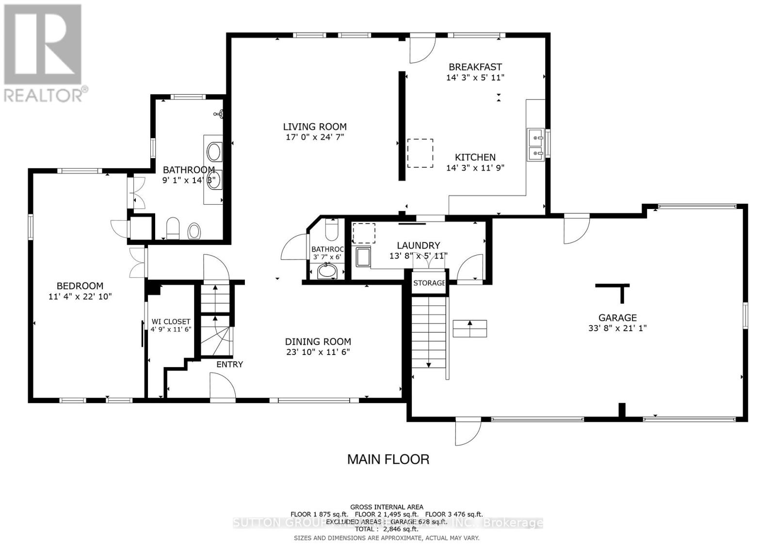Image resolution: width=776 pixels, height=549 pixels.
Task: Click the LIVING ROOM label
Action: pyautogui.click(x=315, y=127)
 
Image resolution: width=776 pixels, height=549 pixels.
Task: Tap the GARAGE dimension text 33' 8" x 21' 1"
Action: pyautogui.click(x=617, y=328)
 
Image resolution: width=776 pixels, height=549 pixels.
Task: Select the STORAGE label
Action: pyautogui.click(x=429, y=283)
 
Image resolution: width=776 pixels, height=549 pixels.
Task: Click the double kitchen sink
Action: pyautogui.click(x=535, y=145)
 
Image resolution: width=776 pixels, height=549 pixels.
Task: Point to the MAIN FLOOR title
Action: pyautogui.click(x=388, y=459)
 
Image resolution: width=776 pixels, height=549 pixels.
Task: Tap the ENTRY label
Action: pyautogui.click(x=229, y=364)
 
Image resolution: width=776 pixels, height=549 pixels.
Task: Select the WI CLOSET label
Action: pyautogui.click(x=171, y=322)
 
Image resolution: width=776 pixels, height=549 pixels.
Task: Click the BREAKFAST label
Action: pyautogui.click(x=475, y=67)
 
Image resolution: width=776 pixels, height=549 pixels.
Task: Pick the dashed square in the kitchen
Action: pyautogui.click(x=420, y=153)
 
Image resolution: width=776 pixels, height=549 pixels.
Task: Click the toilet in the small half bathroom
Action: pyautogui.click(x=332, y=231)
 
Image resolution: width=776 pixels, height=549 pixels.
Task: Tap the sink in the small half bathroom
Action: pyautogui.click(x=328, y=272)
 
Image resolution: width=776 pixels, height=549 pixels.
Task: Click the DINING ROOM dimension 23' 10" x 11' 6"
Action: pyautogui.click(x=318, y=352)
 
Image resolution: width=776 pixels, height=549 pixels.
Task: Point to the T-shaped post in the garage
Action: pyautogui.click(x=614, y=291)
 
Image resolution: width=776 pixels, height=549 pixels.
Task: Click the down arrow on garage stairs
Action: pyautogui.click(x=429, y=364)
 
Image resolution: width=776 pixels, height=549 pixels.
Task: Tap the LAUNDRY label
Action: pyautogui.click(x=418, y=245)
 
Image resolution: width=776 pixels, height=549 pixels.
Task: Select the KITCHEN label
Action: pyautogui.click(x=475, y=157)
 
